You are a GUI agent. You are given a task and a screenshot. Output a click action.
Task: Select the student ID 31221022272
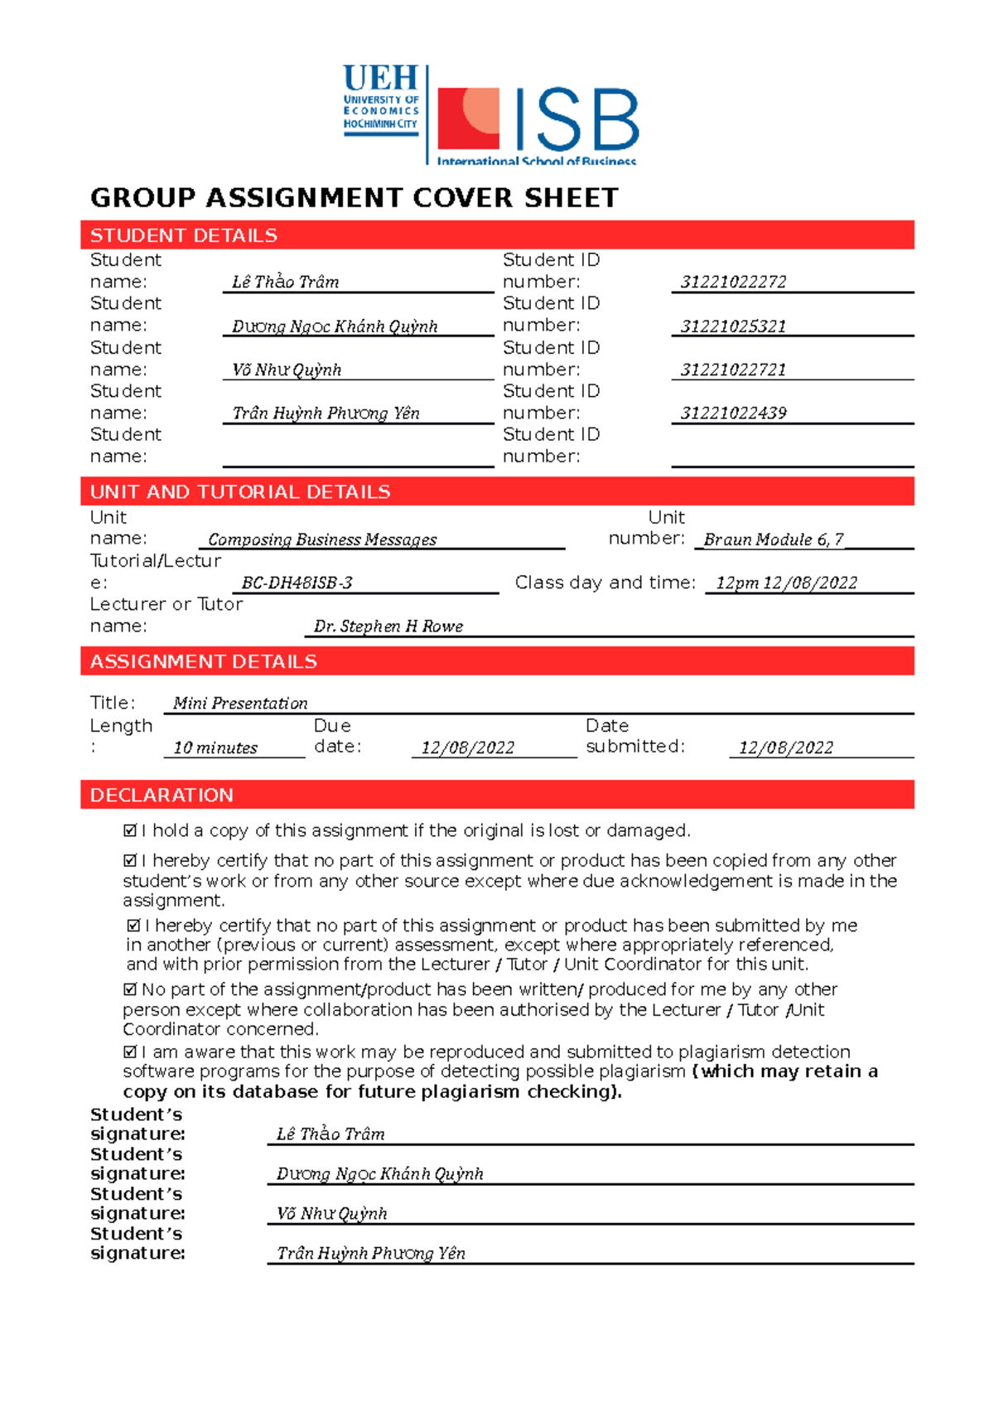[x=733, y=282]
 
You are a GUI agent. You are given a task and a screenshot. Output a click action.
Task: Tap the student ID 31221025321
[x=733, y=326]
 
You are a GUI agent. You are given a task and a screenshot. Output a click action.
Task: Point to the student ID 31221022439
[x=733, y=413]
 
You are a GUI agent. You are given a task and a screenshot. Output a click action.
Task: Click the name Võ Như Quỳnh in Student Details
[x=287, y=370]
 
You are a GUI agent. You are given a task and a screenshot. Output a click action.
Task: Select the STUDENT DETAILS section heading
[x=184, y=235]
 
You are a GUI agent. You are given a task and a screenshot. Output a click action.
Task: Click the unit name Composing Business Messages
[x=322, y=539]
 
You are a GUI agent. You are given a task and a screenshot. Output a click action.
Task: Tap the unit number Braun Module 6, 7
[x=773, y=539]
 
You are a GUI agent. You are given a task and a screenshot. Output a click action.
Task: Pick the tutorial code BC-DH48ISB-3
[x=297, y=583]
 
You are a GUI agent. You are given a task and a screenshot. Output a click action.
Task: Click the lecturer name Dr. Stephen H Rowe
[x=388, y=626]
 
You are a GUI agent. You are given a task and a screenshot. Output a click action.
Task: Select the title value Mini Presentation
[x=240, y=703]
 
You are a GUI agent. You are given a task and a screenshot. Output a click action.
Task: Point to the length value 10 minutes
[x=215, y=747]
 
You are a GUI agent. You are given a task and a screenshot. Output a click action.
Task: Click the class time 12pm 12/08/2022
[x=786, y=583]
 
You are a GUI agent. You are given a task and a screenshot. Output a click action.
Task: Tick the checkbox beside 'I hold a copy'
[x=130, y=830]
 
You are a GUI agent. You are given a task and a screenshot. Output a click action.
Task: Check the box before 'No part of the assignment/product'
[x=130, y=989]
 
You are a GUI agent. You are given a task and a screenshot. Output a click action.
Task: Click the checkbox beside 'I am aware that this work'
[x=130, y=1052]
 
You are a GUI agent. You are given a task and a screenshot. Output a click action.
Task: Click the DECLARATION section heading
[x=162, y=795]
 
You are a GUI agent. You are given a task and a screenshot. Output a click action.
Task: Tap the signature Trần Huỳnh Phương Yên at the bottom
[x=370, y=1254]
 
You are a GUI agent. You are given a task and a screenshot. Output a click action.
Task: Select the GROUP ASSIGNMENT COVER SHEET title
[x=355, y=198]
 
